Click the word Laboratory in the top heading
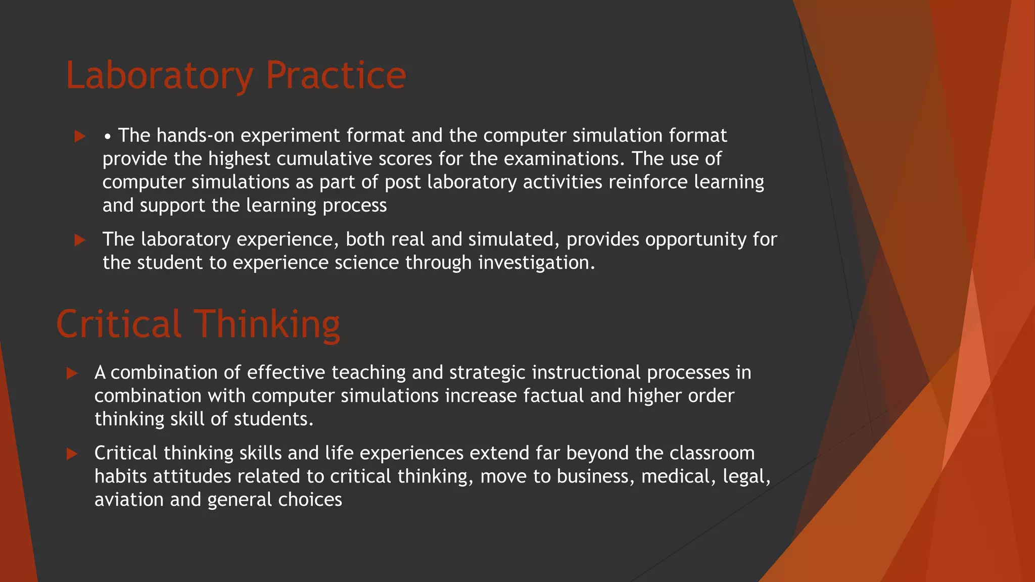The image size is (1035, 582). click(160, 76)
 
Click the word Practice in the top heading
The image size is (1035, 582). click(336, 76)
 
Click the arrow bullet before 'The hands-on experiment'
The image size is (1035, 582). click(80, 136)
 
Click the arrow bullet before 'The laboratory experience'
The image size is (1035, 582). click(80, 240)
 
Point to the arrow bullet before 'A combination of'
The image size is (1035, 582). click(72, 373)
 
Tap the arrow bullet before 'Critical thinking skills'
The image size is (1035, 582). click(72, 454)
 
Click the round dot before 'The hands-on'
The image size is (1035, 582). click(108, 137)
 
